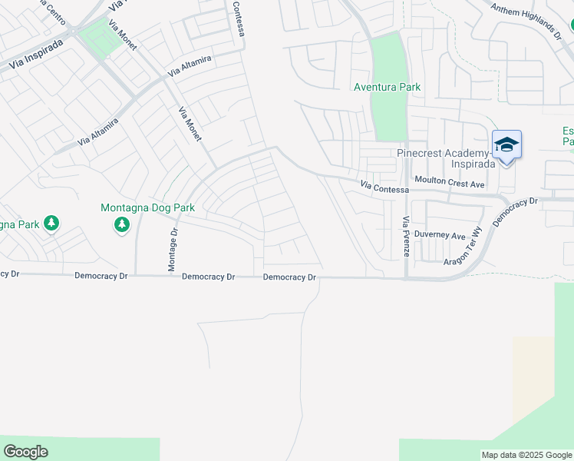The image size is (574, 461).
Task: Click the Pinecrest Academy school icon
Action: point(506,145)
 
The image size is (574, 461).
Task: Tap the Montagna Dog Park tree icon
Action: point(121,224)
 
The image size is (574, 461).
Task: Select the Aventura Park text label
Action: point(387,87)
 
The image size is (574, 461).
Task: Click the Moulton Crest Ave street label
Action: point(450,184)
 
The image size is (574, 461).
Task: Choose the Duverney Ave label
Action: point(440,235)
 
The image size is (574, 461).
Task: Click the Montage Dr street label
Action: point(173,250)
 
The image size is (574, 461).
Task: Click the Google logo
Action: point(25,452)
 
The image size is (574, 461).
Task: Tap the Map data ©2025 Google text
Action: point(526,455)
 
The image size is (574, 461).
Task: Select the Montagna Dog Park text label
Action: point(148,207)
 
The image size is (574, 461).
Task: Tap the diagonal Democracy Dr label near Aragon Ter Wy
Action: point(516,212)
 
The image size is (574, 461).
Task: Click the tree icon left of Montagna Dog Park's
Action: point(51,224)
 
